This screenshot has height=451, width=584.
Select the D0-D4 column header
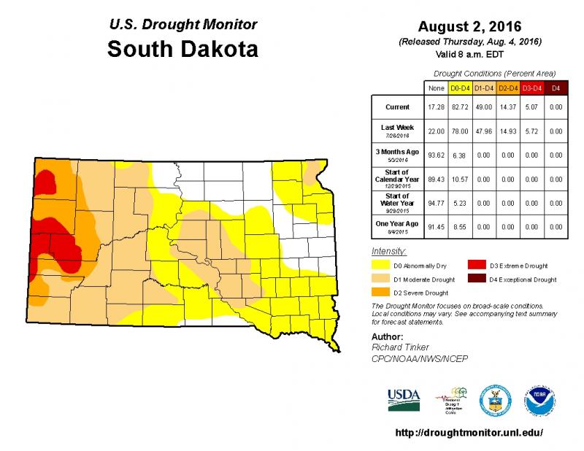(x=459, y=88)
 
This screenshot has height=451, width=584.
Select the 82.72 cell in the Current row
(x=459, y=107)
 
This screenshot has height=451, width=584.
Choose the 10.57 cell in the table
(x=459, y=178)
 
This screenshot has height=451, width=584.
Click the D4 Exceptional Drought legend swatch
(x=477, y=280)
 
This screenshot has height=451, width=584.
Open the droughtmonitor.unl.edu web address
(x=469, y=432)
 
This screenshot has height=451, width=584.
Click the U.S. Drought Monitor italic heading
(x=182, y=25)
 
